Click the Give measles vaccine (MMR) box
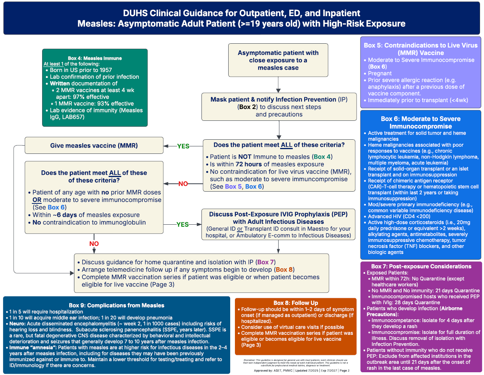point(94,145)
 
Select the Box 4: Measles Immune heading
point(95,58)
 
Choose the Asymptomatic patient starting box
point(278,60)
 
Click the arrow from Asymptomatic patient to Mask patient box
point(278,84)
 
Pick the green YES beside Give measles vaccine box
point(183,146)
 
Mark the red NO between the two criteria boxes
point(183,184)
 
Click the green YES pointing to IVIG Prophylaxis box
point(182,224)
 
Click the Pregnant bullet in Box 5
point(380,73)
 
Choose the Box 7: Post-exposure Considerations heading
point(421,266)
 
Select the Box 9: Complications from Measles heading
point(116,305)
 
